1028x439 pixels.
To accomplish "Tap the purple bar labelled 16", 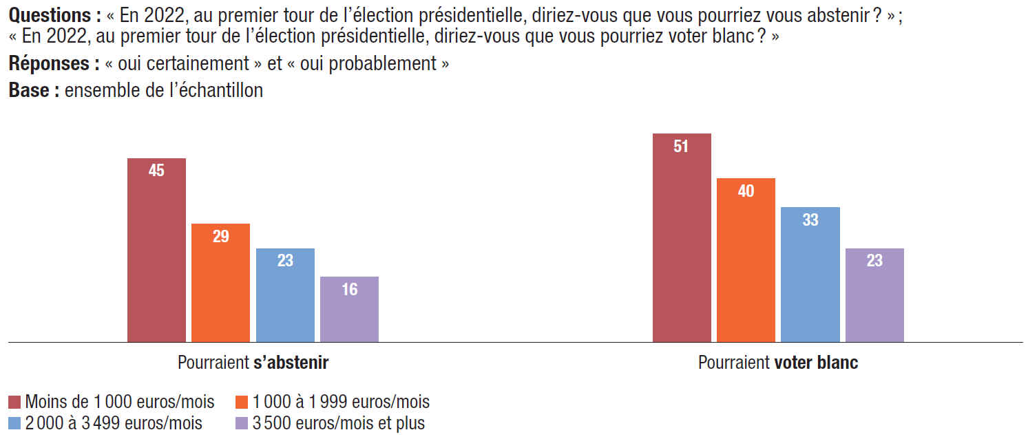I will (349, 309).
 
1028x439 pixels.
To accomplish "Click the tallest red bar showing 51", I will (681, 237).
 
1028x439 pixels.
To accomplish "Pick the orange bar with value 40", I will (746, 259).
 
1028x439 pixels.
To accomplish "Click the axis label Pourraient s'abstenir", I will (253, 363).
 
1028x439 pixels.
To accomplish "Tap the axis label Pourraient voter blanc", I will (778, 363).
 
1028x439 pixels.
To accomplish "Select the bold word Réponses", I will (49, 64).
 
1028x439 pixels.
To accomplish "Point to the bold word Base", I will (29, 90).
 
